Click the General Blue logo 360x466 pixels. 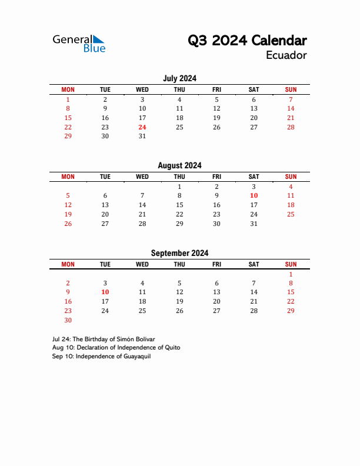(79, 43)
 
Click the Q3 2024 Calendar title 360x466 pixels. (247, 41)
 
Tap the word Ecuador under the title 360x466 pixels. (286, 55)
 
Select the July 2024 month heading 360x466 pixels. (179, 78)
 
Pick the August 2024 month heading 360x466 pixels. (179, 165)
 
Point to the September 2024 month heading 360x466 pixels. (179, 253)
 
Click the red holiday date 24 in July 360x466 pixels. (142, 127)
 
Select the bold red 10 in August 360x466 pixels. (254, 195)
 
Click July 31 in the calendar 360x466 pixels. (142, 137)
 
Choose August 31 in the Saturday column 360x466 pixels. (254, 224)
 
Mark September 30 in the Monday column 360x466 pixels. (68, 321)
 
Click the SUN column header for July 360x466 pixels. (291, 89)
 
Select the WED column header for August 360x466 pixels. (142, 177)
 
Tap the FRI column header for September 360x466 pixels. (216, 264)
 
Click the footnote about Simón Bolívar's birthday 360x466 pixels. (104, 339)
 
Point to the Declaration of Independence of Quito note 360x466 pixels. (116, 348)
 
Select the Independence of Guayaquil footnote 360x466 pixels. (101, 357)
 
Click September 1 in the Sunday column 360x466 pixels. (291, 274)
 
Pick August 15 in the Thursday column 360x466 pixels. (179, 205)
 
